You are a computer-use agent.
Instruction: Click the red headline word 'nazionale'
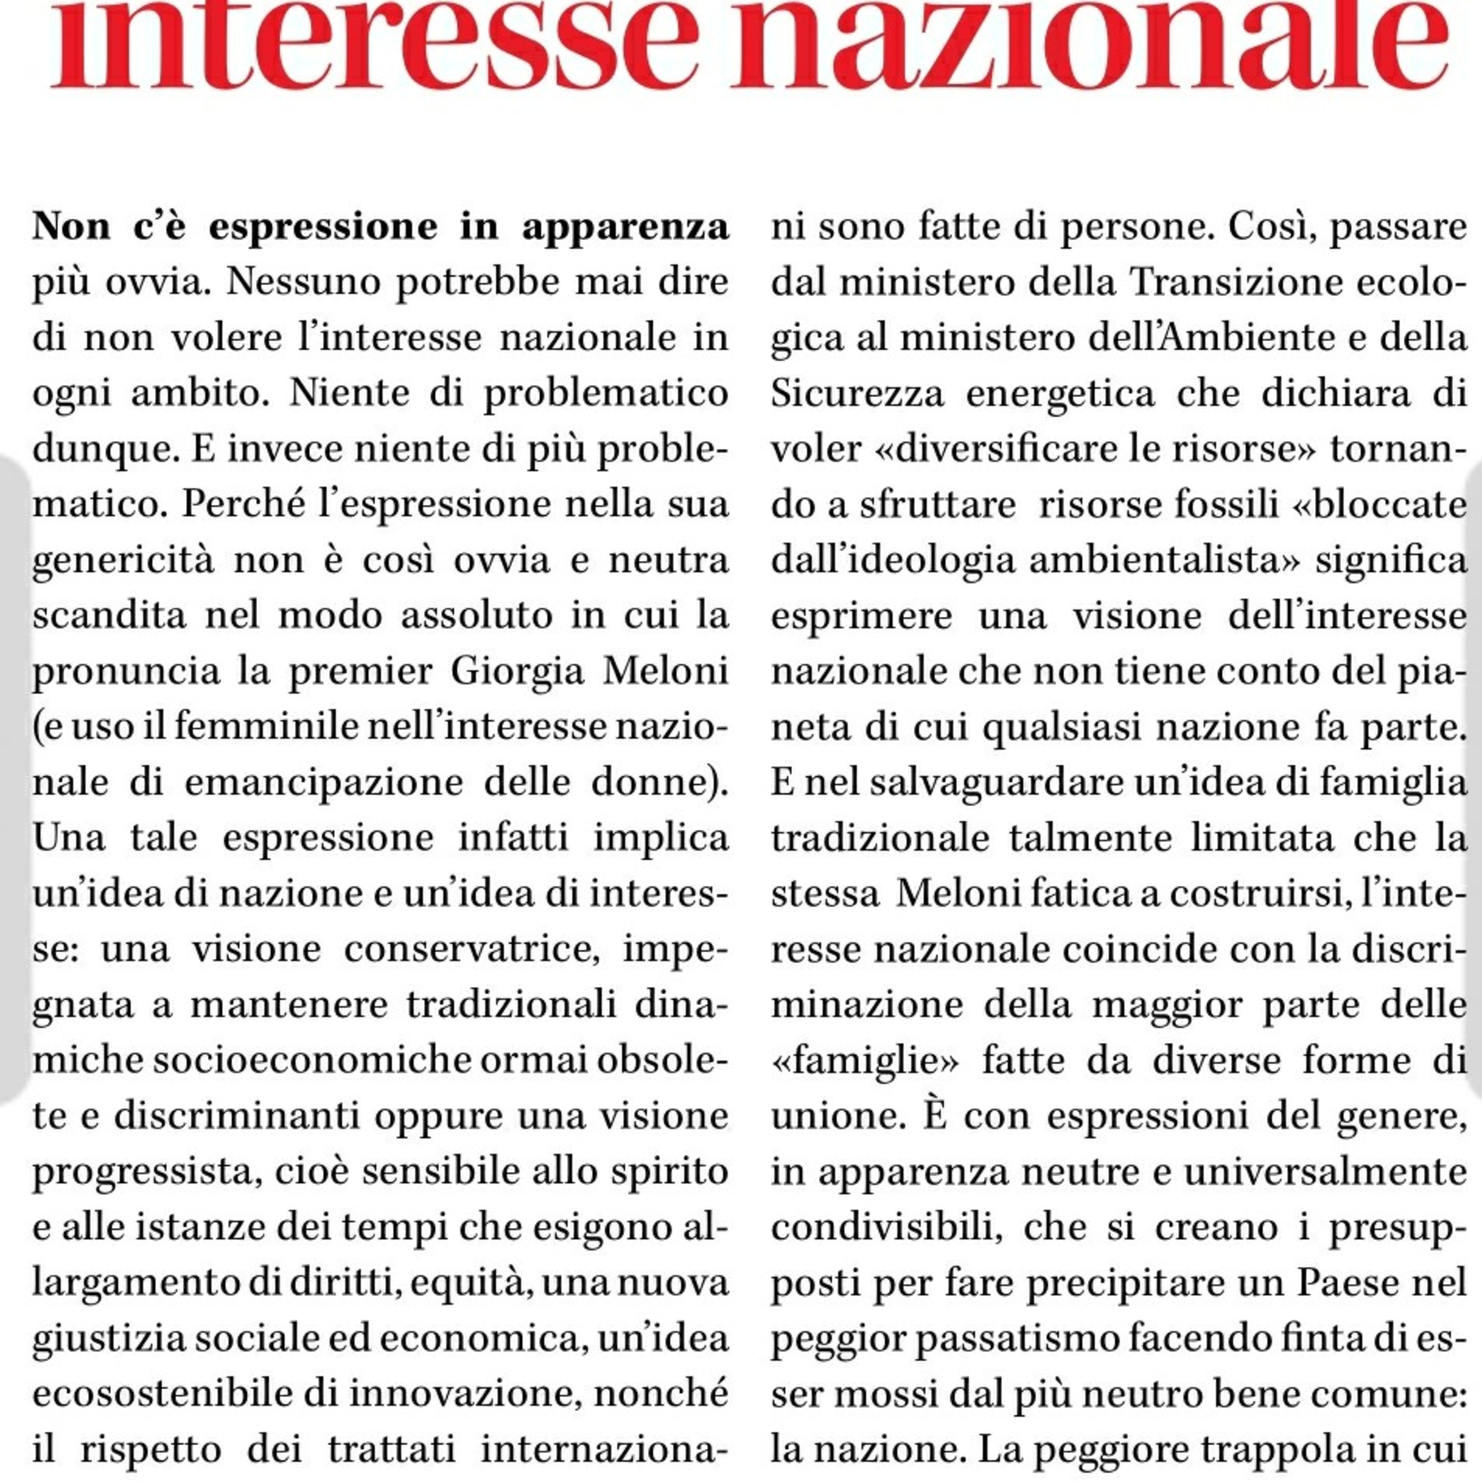1089,46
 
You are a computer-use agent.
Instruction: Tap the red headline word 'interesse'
376,46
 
